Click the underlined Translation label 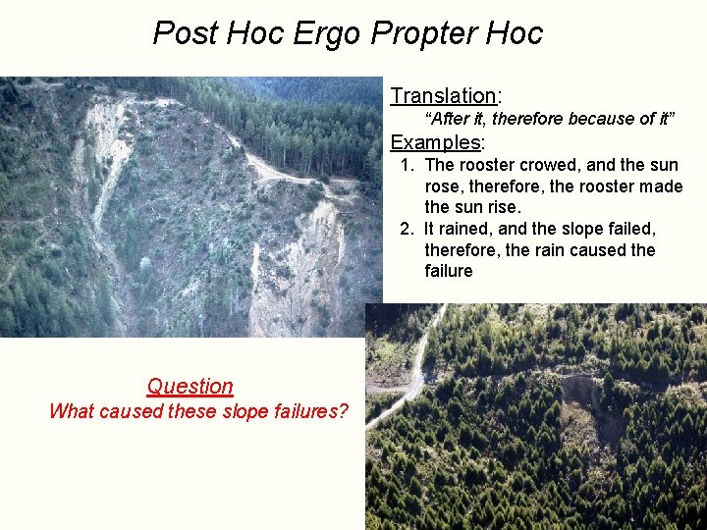point(443,95)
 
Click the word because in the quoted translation point(560,119)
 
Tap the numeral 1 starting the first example point(406,165)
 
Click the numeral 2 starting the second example point(406,229)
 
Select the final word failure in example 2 point(449,271)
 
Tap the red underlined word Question point(190,387)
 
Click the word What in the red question point(71,411)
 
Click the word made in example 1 point(658,186)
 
